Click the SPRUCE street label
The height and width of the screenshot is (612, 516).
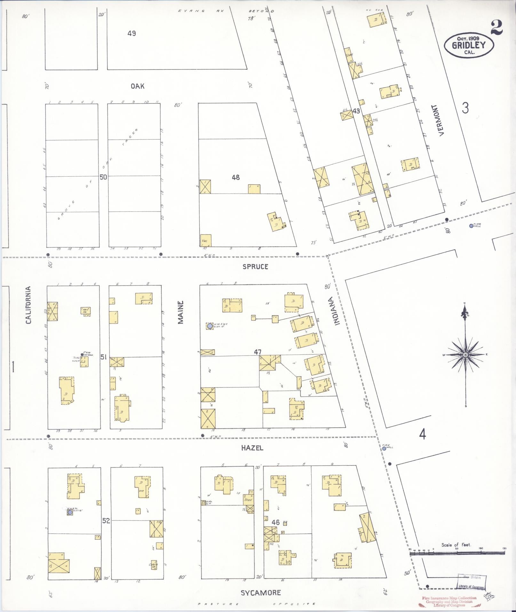(x=255, y=266)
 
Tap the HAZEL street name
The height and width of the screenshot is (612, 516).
(x=252, y=448)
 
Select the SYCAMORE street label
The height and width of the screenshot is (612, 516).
(x=260, y=593)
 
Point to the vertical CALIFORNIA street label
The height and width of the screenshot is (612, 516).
(x=28, y=305)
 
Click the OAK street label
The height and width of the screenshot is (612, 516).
(x=137, y=86)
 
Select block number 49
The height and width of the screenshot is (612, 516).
(x=131, y=33)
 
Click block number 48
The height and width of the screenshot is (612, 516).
(x=236, y=177)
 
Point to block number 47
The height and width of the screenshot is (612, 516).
(x=258, y=352)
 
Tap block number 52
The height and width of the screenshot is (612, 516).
(x=106, y=521)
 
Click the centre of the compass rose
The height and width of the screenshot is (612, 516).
(x=465, y=355)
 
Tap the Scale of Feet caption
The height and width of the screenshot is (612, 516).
(x=456, y=545)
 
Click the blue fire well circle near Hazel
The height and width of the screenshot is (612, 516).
(x=384, y=449)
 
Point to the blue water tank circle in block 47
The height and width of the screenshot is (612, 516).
(x=210, y=326)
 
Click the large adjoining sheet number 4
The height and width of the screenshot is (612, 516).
(x=423, y=434)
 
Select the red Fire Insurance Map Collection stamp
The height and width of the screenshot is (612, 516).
(x=449, y=601)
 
